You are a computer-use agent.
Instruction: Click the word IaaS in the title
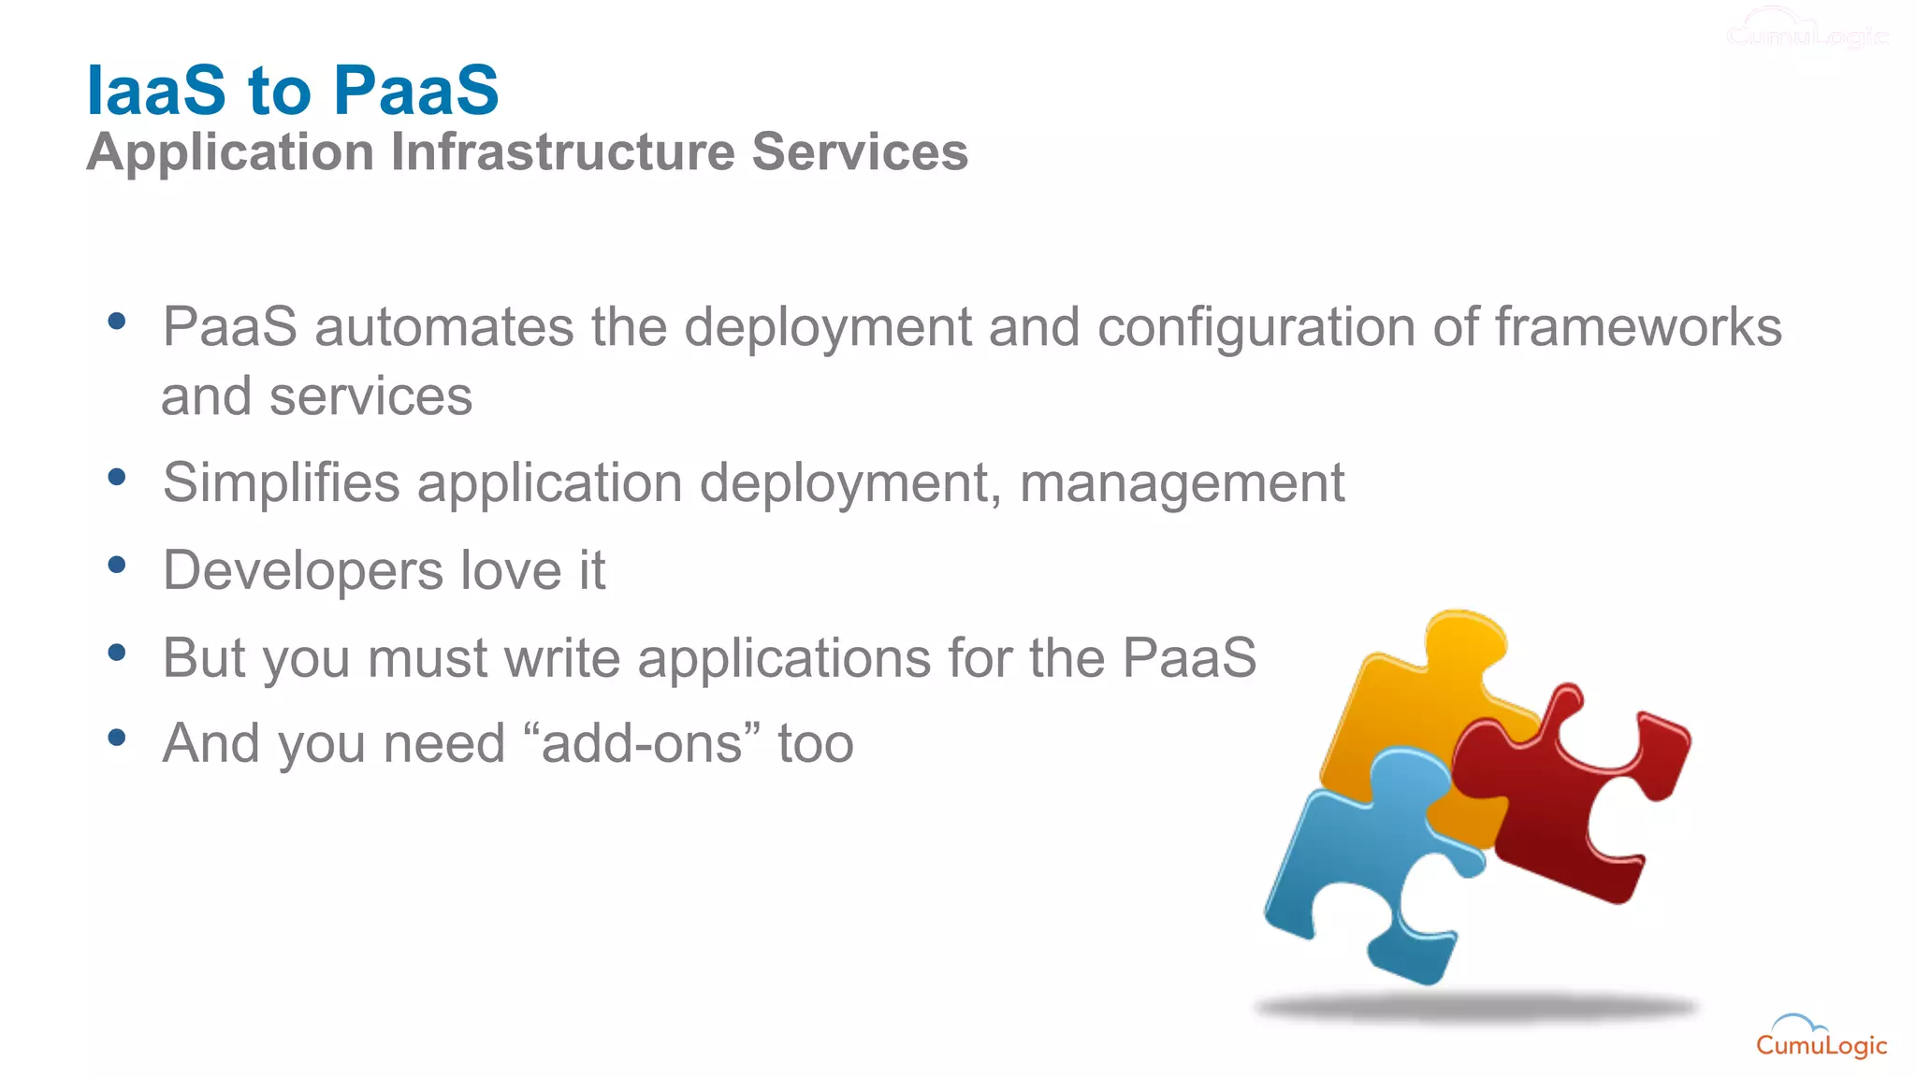coord(156,91)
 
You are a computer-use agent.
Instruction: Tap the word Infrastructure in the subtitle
coord(563,152)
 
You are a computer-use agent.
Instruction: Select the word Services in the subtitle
coord(860,152)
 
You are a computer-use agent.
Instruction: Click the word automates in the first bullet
coord(443,327)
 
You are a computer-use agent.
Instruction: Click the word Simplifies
coord(282,483)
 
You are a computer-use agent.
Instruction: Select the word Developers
coord(303,571)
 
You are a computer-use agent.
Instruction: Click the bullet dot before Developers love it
coord(117,565)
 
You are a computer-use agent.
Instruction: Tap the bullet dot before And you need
coord(117,738)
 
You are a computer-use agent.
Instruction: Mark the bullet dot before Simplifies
coord(117,478)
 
